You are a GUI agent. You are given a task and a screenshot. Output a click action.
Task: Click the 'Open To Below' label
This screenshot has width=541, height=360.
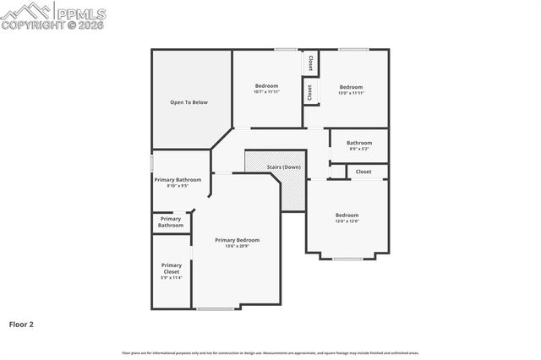[x=189, y=102]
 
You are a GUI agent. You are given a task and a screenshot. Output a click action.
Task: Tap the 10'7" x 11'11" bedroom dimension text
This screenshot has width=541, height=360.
[x=266, y=92]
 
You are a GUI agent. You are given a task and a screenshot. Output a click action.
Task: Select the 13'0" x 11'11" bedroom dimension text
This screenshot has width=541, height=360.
[x=351, y=92]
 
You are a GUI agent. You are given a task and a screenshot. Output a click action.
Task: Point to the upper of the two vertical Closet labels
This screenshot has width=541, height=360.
[x=310, y=63]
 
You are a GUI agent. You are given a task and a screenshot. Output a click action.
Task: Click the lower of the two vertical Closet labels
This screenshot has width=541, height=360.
[x=310, y=91]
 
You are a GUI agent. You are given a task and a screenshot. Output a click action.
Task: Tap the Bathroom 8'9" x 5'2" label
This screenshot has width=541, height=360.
[x=358, y=145]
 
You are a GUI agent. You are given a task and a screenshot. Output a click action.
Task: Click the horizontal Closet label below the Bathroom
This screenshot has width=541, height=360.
[x=363, y=172]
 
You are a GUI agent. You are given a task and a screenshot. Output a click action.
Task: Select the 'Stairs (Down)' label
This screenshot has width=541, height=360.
[x=283, y=167]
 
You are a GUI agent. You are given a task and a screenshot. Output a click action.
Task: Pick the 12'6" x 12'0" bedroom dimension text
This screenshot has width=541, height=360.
[x=347, y=221]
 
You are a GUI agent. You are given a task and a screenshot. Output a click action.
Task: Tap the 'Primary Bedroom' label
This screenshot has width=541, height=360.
[x=237, y=240]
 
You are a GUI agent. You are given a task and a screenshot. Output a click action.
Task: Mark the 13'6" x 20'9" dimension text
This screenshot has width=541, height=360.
[x=237, y=246]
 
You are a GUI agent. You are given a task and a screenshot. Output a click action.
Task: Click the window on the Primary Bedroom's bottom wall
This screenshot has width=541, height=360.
[x=216, y=308]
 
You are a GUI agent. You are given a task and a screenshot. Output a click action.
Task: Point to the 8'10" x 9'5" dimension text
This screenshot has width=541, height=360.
[x=178, y=185]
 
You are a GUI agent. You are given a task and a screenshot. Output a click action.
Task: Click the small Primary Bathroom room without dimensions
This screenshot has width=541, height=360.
[x=171, y=222]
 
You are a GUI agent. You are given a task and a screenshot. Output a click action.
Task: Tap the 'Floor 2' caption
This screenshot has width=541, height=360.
[x=21, y=324]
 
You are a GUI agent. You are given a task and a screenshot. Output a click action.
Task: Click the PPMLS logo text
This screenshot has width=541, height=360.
[x=80, y=13]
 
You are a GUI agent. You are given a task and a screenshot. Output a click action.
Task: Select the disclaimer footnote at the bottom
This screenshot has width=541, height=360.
[x=270, y=352]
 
